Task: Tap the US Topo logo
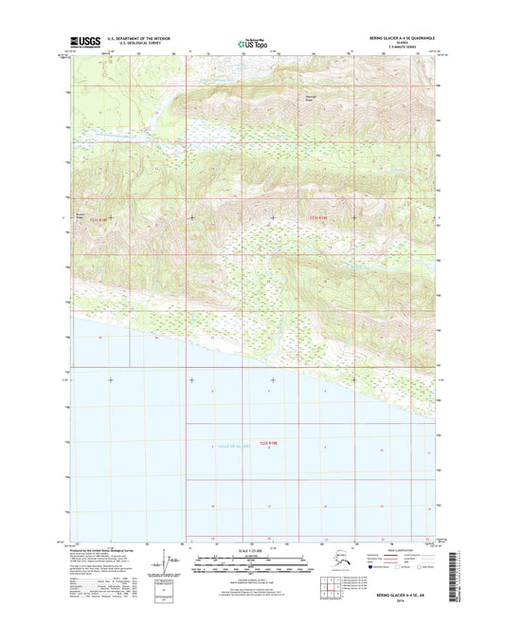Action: pos(252,44)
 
